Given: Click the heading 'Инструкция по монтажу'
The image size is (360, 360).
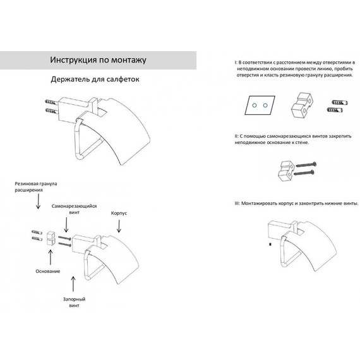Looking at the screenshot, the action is (98, 60).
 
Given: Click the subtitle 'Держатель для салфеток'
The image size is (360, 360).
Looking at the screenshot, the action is (95, 79).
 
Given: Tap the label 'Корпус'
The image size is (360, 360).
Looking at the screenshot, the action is (119, 213).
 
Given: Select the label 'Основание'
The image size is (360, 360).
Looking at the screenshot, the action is (48, 271).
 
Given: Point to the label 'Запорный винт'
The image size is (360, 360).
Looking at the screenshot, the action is (74, 302).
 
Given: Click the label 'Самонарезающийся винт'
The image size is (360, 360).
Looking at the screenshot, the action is (74, 209).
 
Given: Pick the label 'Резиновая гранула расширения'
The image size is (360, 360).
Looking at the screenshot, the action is (36, 187).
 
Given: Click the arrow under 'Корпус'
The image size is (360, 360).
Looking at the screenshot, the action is (119, 226).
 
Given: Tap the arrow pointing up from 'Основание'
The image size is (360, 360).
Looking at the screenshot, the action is (51, 258).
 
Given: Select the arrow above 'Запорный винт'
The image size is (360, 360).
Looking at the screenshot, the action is (73, 284).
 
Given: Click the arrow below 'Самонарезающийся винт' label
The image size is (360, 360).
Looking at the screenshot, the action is (66, 225).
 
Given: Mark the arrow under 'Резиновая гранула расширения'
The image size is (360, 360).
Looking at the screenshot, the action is (38, 201).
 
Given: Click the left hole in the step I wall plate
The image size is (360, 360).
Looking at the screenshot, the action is (254, 105).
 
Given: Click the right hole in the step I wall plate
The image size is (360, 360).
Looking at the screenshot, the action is (265, 105).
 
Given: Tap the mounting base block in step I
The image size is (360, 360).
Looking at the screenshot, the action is (302, 105).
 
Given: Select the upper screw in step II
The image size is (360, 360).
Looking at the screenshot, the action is (306, 165).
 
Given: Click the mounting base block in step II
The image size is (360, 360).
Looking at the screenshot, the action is (286, 171).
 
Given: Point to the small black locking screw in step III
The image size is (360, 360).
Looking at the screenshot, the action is (270, 244).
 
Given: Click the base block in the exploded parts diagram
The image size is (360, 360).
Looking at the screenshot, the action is (51, 238).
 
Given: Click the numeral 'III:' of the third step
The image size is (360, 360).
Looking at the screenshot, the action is (237, 203).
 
